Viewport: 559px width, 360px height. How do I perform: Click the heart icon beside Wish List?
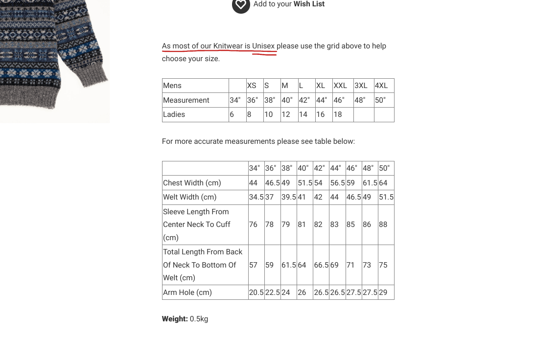coord(241,5)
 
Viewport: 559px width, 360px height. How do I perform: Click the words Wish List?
coord(309,4)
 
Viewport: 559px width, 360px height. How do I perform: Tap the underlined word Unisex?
coord(263,46)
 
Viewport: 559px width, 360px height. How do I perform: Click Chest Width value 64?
coord(383,183)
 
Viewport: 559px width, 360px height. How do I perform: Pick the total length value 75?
coord(383,265)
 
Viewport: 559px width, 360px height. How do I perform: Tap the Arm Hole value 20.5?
coord(256,292)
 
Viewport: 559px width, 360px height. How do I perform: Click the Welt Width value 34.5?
coord(256,197)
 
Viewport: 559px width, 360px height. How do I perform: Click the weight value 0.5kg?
coord(199,319)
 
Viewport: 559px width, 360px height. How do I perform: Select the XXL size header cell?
coord(340,86)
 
